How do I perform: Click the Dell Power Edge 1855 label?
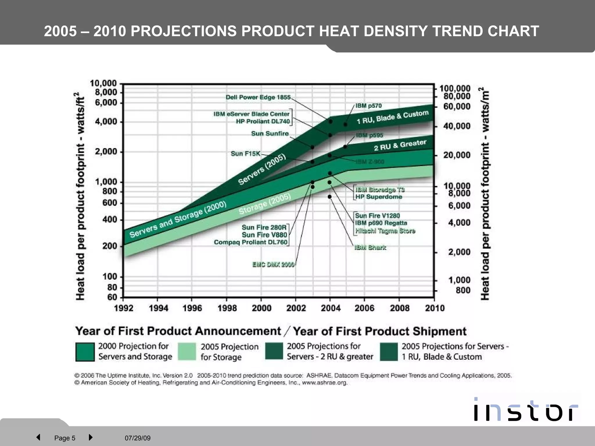point(258,97)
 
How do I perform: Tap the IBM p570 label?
point(368,106)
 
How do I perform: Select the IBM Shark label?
point(370,248)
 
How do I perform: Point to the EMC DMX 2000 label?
point(273,265)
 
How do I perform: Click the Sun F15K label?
point(245,154)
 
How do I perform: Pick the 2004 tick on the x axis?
point(331,308)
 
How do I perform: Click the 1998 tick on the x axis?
point(227,308)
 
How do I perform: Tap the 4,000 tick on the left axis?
point(106,122)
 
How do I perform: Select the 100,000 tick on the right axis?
point(455,88)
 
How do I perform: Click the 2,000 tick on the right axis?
point(459,252)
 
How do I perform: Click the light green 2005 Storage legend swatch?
point(187,352)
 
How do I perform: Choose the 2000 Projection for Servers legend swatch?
point(85,352)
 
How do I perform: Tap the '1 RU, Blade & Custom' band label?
point(393,117)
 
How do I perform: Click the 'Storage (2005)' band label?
point(265,204)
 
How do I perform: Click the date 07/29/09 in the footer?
point(138,438)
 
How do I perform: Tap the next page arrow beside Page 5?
point(90,437)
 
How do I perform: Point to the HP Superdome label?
point(379,197)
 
